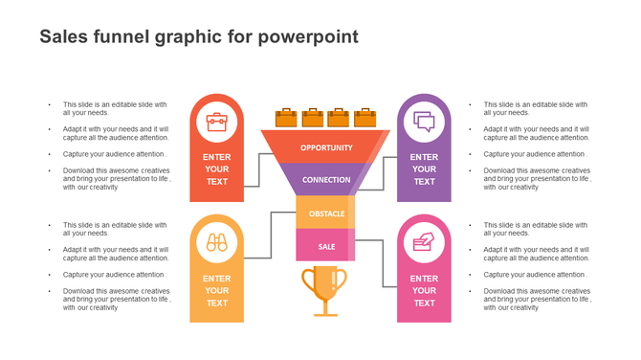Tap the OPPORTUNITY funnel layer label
click(x=326, y=147)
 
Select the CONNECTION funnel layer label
click(x=326, y=179)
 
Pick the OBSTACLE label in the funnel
click(x=326, y=213)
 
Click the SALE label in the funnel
click(x=326, y=246)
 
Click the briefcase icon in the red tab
click(x=217, y=122)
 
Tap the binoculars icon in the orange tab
click(x=217, y=242)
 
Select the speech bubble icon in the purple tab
click(x=424, y=122)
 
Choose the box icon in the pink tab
click(x=424, y=242)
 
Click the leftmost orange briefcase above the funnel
click(x=286, y=118)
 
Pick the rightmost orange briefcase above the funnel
click(x=365, y=118)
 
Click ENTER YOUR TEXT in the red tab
click(x=217, y=169)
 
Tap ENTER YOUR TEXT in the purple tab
click(x=424, y=169)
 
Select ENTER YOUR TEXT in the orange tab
click(x=217, y=290)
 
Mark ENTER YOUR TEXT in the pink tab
click(x=424, y=290)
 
